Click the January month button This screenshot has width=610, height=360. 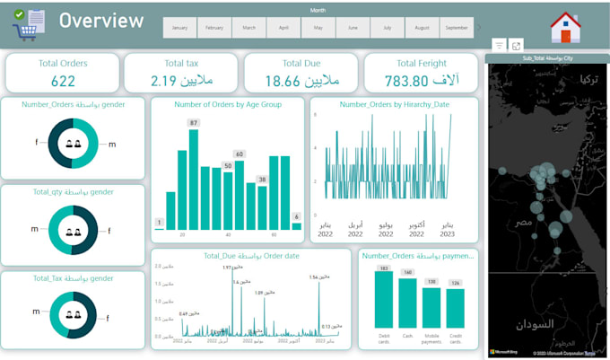(179, 28)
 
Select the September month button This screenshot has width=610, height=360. (457, 28)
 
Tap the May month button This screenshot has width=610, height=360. (318, 28)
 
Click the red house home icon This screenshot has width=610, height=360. (565, 28)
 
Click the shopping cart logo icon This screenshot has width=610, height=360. (24, 24)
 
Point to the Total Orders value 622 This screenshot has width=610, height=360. (63, 81)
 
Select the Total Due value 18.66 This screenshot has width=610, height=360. (301, 81)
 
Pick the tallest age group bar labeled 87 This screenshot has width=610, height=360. (194, 180)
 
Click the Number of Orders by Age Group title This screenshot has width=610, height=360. (227, 104)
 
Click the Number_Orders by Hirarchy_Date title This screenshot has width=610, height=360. (395, 104)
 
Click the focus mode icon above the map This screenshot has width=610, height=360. (517, 45)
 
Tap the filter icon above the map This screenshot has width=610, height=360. (499, 45)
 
